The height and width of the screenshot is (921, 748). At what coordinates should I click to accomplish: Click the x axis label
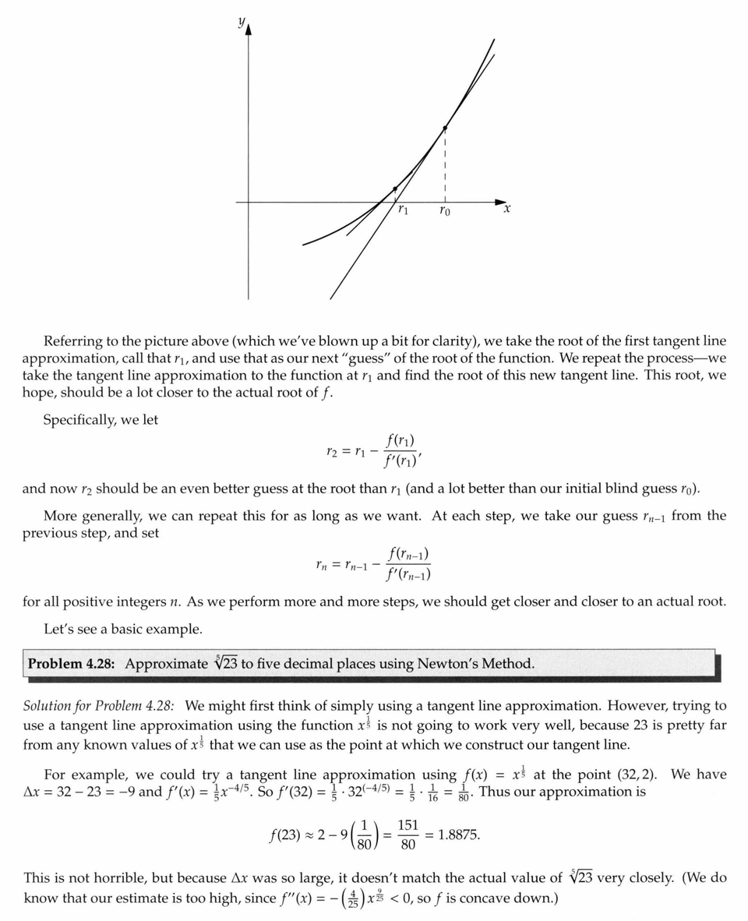click(x=506, y=209)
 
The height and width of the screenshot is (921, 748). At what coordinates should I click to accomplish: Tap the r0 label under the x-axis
click(x=443, y=210)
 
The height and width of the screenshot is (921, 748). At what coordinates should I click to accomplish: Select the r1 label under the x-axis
click(x=402, y=210)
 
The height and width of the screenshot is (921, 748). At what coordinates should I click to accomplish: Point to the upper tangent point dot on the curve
click(x=445, y=128)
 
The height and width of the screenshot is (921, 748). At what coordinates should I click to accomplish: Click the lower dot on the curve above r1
click(x=395, y=189)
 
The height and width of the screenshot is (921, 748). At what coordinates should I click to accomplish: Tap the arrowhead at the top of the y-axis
click(x=249, y=30)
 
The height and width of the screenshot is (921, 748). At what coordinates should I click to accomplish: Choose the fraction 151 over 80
click(x=408, y=835)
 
